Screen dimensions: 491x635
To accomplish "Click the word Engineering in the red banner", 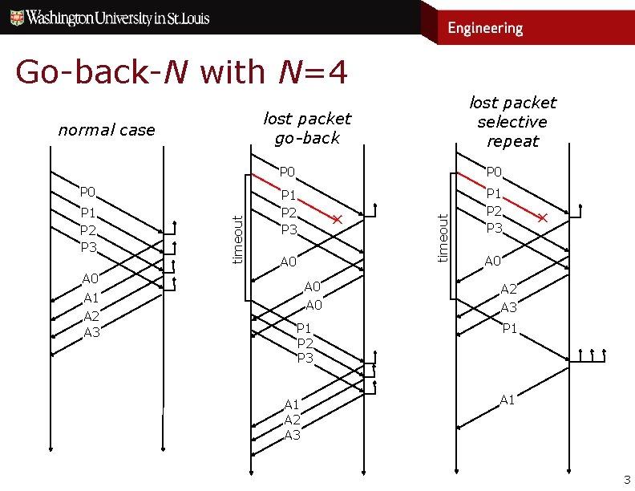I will point(484,28).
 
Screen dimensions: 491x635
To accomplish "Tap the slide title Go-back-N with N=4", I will point(181,72).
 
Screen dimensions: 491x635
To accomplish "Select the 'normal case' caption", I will point(107,130).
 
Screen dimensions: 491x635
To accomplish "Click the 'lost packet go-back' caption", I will point(307,128).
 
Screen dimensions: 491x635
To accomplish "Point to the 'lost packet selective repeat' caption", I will point(512,122).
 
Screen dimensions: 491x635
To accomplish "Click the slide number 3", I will point(627,481).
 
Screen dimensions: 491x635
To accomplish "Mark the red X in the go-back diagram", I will point(338,220).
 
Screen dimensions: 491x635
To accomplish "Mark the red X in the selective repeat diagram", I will point(543,219).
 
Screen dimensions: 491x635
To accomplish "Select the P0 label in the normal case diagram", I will point(88,193).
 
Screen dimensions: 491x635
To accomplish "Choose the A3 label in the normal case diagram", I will point(91,331).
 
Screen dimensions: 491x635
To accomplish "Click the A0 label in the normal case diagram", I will point(91,278).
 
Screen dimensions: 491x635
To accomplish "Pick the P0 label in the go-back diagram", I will point(288,172).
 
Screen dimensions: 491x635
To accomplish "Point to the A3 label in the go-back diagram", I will point(292,435).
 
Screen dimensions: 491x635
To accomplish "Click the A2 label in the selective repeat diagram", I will point(509,290).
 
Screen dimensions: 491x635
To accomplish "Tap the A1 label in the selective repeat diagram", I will point(508,400).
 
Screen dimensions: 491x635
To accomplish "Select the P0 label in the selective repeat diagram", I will point(494,172).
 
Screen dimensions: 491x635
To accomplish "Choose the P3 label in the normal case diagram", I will point(88,246).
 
